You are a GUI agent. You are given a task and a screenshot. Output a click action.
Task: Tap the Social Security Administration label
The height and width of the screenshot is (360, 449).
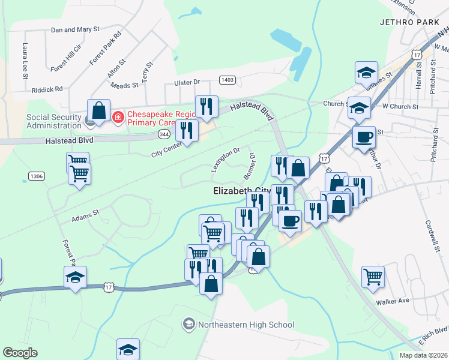click(53, 121)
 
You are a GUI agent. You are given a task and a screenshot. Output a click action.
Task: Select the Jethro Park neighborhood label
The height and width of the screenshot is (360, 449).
click(414, 22)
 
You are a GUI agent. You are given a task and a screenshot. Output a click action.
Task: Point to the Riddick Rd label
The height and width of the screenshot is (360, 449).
click(47, 89)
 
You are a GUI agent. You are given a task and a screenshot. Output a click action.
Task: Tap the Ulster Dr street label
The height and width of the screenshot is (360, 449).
click(186, 82)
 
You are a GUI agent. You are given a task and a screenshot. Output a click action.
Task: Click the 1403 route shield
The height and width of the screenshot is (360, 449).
click(228, 80)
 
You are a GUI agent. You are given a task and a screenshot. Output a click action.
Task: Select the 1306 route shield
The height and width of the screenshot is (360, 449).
click(36, 176)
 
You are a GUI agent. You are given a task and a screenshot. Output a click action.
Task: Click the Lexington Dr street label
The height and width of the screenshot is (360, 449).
click(225, 160)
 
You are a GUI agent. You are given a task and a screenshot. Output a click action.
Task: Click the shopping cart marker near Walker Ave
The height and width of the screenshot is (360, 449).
click(373, 277)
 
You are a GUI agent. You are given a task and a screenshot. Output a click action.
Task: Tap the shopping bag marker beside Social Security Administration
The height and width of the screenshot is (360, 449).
click(98, 111)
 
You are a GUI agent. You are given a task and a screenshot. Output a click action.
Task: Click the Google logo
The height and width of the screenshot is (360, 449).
click(20, 353)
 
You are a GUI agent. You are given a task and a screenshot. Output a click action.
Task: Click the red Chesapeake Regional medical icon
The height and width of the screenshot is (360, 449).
click(119, 115)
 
